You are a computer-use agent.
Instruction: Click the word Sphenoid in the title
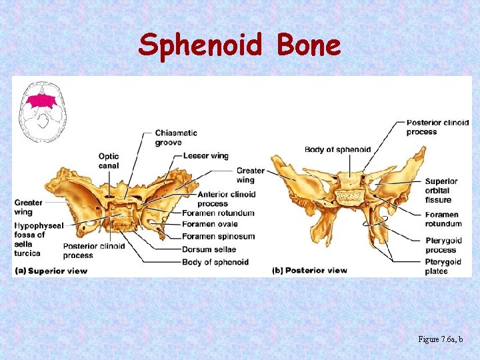pos(201,45)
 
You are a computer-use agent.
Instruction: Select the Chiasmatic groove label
pos(176,137)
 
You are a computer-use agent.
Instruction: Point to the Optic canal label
pos(109,161)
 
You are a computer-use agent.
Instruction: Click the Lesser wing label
pos(205,156)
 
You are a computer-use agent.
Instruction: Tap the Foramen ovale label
pos(209,224)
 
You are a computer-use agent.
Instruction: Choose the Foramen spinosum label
pos(218,237)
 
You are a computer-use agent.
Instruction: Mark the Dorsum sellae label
pos(209,249)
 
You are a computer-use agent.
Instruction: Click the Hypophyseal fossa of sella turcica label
pos(38,239)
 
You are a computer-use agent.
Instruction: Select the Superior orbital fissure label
pos(441,191)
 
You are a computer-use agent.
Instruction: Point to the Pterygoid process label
pos(443,245)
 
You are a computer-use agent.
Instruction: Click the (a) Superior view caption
pos(50,271)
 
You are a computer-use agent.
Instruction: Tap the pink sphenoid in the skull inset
pos(41,101)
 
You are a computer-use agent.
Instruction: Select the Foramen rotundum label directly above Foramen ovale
pos(218,213)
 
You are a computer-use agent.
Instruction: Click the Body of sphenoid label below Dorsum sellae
pos(215,262)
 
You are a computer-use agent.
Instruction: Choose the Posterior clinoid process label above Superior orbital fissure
pos(437,127)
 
